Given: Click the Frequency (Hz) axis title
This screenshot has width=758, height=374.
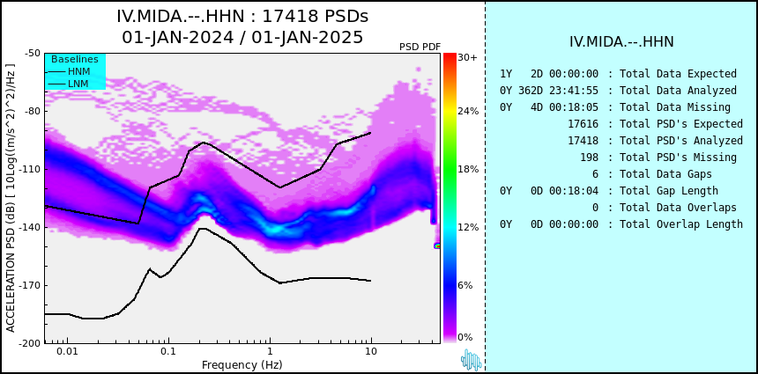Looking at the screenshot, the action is (242, 364).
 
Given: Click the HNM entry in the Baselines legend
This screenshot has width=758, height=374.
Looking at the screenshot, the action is (78, 71).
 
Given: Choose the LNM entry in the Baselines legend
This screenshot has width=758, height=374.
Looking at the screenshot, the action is (78, 83).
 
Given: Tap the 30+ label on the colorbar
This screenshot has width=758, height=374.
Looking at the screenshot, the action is (467, 57).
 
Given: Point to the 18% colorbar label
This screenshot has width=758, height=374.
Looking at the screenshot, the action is (468, 169).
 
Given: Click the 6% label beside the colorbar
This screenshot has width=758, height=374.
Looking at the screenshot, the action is (465, 285).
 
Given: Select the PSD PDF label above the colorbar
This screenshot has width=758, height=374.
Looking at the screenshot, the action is (420, 47).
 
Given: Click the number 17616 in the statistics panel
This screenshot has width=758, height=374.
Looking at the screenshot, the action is (583, 124).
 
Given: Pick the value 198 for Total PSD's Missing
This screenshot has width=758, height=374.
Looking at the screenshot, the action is (589, 158).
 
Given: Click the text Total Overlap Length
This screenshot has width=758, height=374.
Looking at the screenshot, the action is (681, 224).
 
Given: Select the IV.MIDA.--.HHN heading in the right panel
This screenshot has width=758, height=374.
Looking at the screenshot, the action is (621, 42).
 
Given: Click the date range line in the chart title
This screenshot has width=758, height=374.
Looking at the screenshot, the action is (242, 37).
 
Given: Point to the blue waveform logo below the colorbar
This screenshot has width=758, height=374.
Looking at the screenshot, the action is (471, 360).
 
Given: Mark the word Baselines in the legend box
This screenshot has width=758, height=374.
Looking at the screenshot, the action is (75, 59).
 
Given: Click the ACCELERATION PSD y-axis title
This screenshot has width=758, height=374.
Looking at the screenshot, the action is (11, 198).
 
